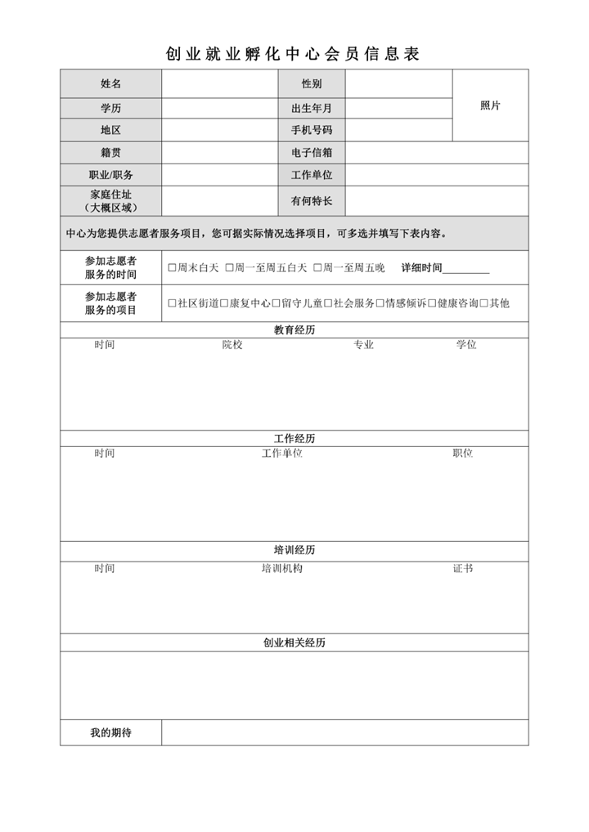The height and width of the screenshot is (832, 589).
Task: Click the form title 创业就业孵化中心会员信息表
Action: pos(293,54)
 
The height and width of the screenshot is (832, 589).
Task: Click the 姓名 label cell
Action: pos(110,84)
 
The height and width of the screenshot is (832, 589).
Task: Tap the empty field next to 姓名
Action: pos(219,84)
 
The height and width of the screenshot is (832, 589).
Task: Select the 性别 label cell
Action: pos(312,84)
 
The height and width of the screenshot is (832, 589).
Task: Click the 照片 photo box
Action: pos(490,106)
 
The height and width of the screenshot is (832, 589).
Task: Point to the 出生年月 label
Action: pos(312,108)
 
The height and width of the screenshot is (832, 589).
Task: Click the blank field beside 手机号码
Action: pos(398,130)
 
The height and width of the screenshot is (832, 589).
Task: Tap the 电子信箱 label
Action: pos(312,153)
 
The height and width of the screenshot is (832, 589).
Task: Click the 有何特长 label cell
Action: pos(312,201)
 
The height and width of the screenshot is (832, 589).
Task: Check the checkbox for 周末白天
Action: pos(172,268)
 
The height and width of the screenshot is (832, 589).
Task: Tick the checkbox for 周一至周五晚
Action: pos(317,268)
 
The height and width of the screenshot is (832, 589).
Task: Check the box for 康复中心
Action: pos(224,303)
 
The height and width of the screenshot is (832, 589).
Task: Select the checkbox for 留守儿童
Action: pos(277,303)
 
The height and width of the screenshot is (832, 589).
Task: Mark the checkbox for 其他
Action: pos(484,303)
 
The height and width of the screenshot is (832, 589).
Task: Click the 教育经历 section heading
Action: pos(294,330)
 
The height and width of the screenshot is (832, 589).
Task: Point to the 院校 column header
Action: pos(232,345)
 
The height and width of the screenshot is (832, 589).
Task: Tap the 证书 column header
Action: pos(462,568)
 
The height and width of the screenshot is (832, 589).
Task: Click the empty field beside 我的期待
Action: pos(344,733)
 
